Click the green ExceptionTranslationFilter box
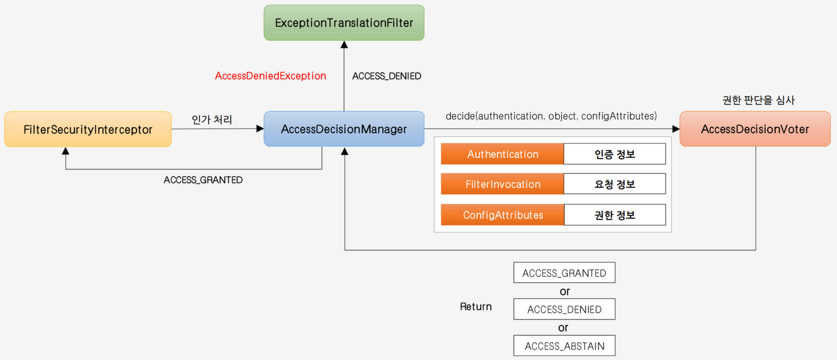click(x=344, y=23)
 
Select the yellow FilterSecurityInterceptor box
click(x=88, y=129)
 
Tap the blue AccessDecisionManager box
click(x=344, y=129)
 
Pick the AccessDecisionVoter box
click(x=755, y=129)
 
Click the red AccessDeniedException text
click(x=270, y=76)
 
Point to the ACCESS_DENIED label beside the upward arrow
click(x=387, y=76)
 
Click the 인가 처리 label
click(x=212, y=120)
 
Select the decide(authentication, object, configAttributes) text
click(x=551, y=116)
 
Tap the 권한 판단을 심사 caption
click(x=758, y=100)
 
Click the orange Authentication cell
click(x=503, y=154)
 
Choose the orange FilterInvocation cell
click(x=503, y=184)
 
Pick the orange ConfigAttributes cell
click(x=503, y=215)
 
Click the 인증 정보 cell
click(x=615, y=154)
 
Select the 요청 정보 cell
click(x=615, y=184)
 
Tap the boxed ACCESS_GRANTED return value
click(x=565, y=273)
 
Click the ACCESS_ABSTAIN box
click(x=565, y=346)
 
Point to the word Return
click(x=476, y=307)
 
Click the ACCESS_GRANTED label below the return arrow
click(x=203, y=180)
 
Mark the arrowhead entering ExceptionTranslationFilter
click(x=344, y=44)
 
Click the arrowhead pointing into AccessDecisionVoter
click(x=676, y=129)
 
